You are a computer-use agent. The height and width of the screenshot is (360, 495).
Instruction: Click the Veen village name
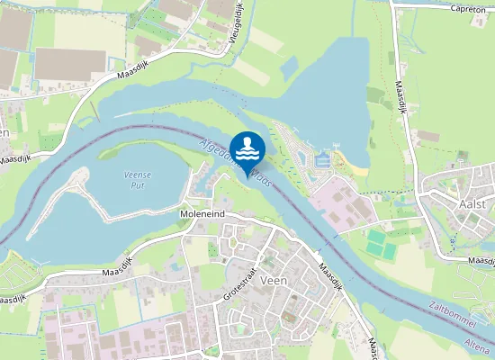(x=271, y=281)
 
